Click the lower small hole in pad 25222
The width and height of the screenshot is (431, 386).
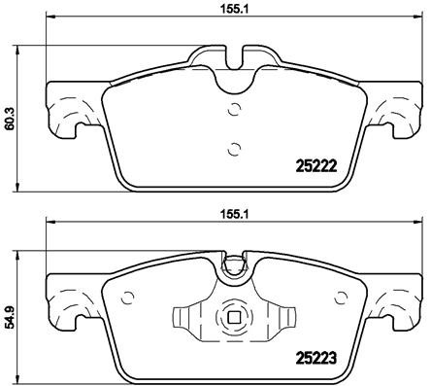tap(231, 149)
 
